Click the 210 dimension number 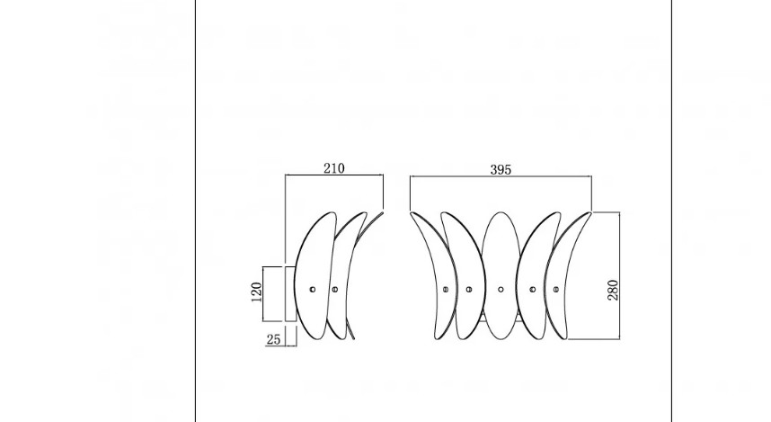click(x=334, y=168)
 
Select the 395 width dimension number click(x=501, y=170)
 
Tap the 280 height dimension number click(x=613, y=290)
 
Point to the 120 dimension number click(x=256, y=292)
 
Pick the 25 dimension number click(x=273, y=339)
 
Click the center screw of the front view click(x=501, y=290)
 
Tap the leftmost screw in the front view click(x=446, y=290)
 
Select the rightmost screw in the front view click(x=555, y=290)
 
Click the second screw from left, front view click(x=468, y=290)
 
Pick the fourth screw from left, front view click(x=533, y=290)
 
